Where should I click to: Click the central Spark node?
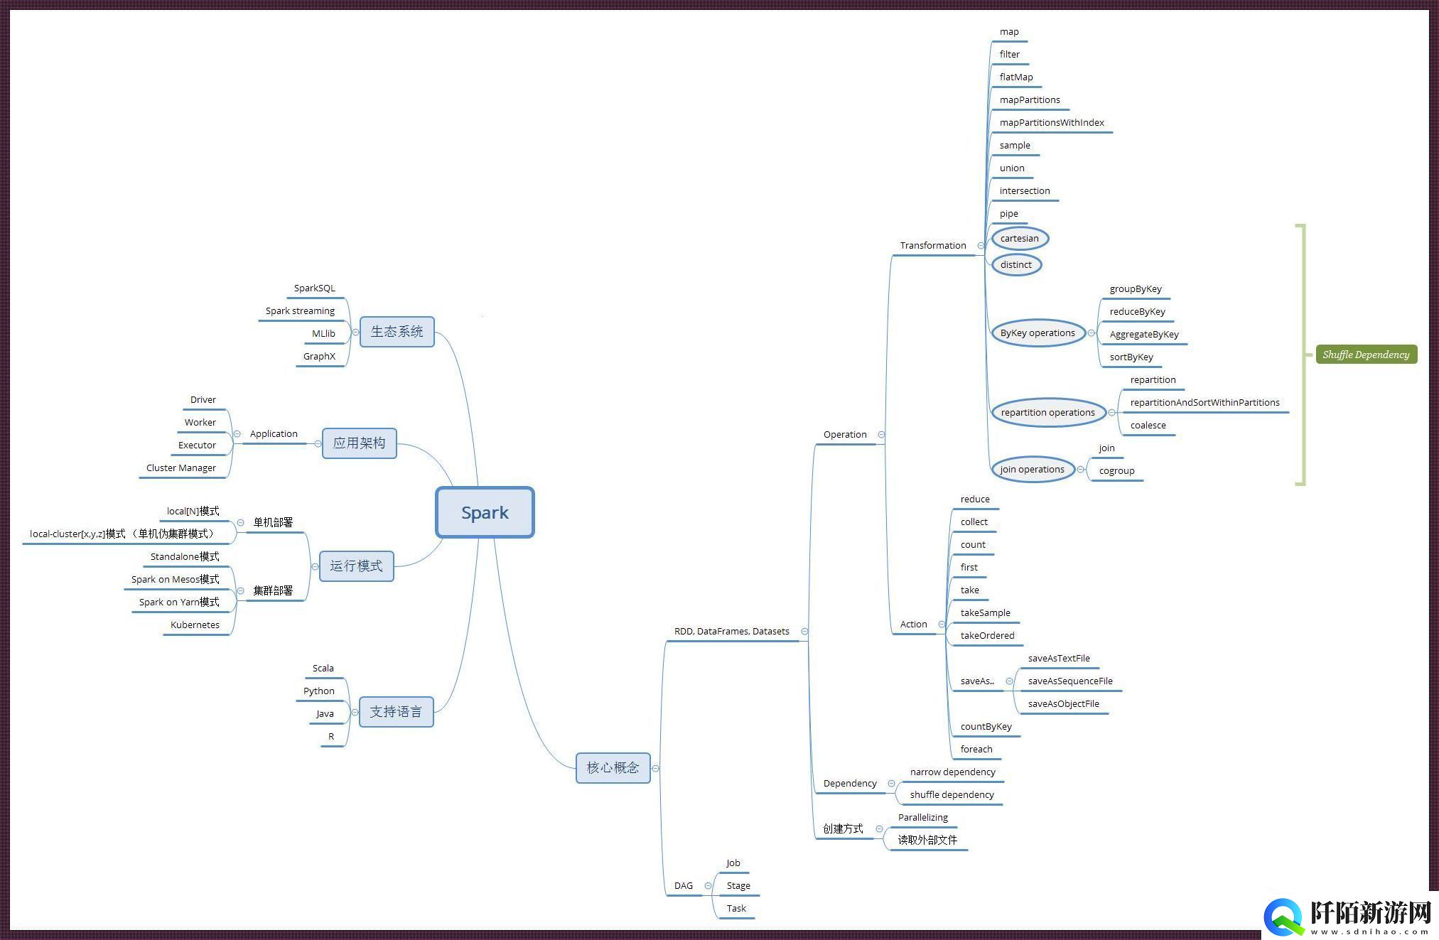click(485, 512)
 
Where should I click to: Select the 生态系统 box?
click(397, 332)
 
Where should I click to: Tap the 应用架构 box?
click(359, 443)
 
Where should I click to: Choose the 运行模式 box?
click(356, 566)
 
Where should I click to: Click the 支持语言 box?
click(396, 712)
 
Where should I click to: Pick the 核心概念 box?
click(613, 768)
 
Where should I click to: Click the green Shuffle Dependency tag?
click(1366, 355)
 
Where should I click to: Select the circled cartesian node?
click(1020, 239)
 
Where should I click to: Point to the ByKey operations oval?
click(1038, 333)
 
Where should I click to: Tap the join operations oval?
click(1032, 470)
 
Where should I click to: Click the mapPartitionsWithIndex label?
click(1052, 123)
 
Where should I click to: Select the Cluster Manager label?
click(181, 468)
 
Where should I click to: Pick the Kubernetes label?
click(195, 625)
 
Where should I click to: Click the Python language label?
click(318, 691)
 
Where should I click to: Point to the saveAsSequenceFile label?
click(1070, 681)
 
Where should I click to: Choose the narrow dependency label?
click(952, 772)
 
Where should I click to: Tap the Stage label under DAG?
click(738, 886)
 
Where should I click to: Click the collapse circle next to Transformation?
click(981, 246)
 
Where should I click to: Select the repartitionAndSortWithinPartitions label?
click(1204, 403)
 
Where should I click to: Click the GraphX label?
click(319, 357)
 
